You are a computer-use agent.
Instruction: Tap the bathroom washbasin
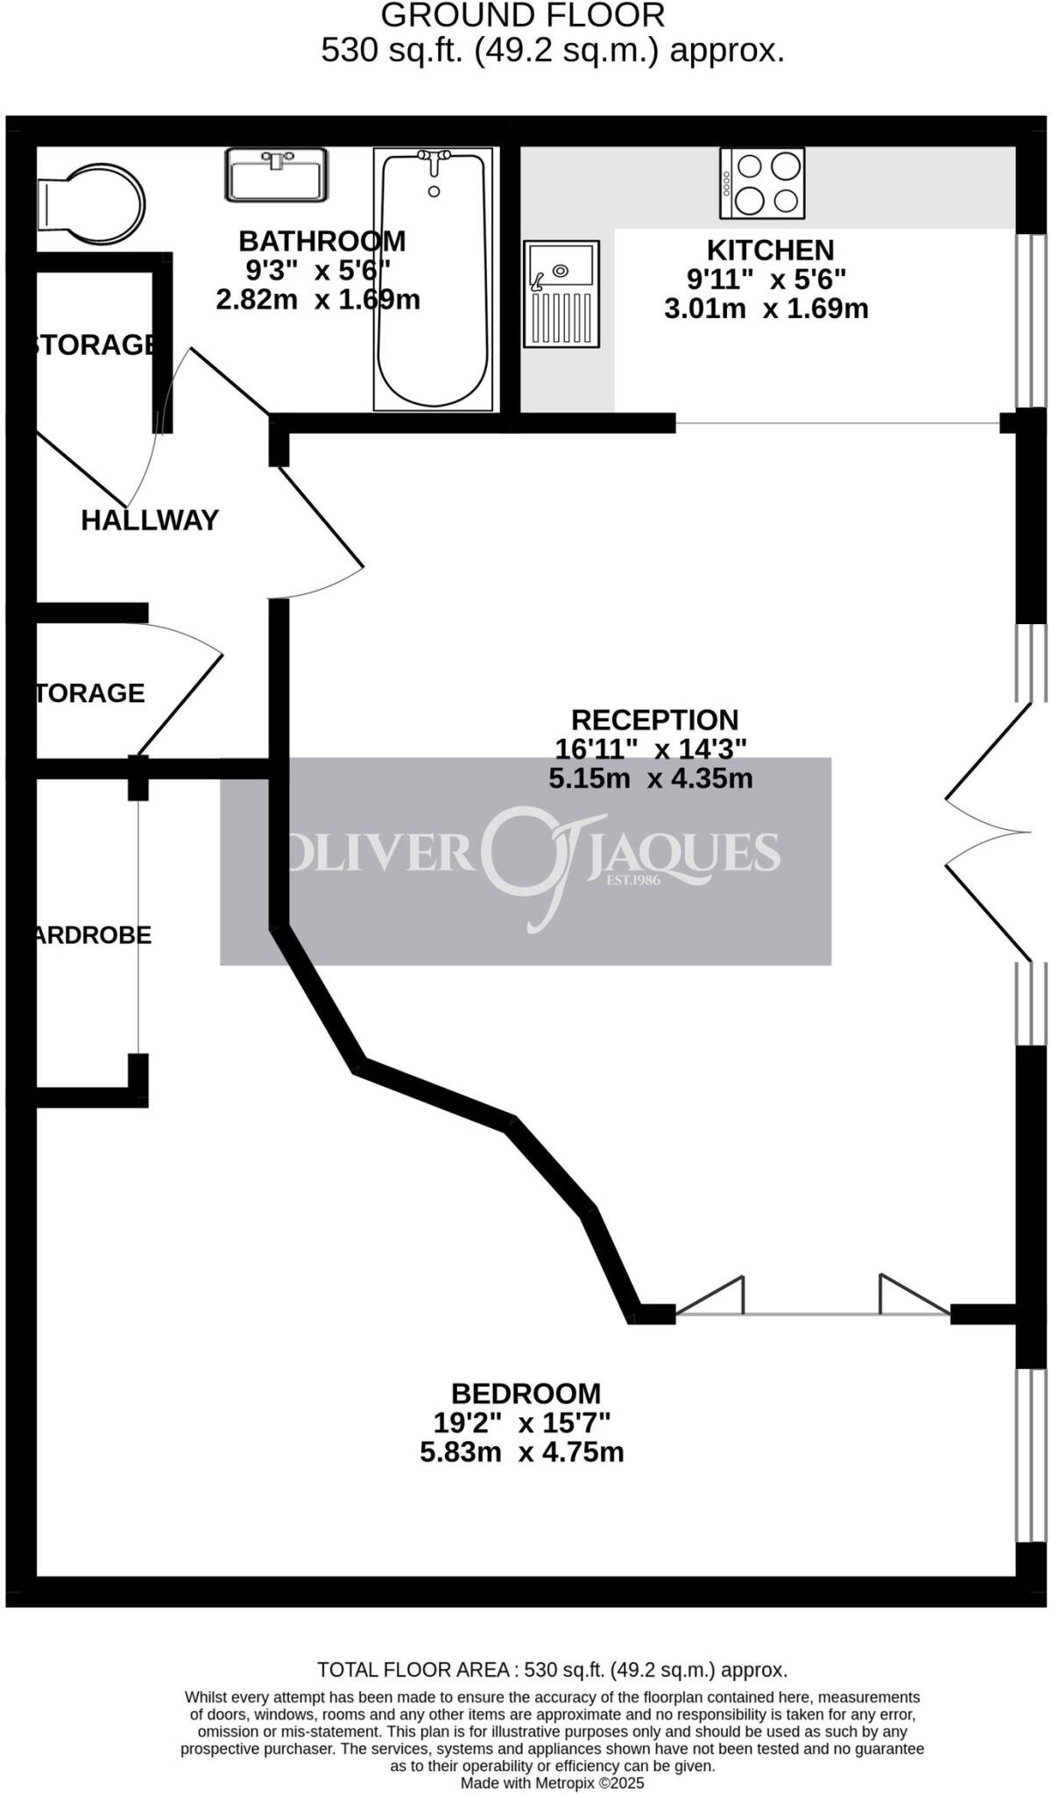(x=276, y=175)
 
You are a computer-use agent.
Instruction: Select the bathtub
(x=433, y=279)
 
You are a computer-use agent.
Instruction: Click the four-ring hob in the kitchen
(x=762, y=183)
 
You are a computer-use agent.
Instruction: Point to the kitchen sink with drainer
(x=561, y=293)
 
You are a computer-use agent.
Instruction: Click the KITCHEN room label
(x=770, y=251)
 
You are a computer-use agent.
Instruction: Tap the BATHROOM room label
(x=322, y=240)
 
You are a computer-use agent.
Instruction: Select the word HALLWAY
(x=150, y=521)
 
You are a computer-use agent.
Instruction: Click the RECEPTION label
(x=654, y=720)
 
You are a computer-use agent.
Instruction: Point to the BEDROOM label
(x=526, y=1393)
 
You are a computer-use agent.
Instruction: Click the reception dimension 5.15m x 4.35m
(x=651, y=777)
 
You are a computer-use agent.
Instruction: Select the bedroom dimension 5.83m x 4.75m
(x=522, y=1452)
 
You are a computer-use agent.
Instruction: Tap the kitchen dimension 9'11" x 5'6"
(x=766, y=280)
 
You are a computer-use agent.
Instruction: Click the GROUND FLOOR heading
(x=523, y=16)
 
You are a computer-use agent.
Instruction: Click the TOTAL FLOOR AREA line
(x=552, y=1670)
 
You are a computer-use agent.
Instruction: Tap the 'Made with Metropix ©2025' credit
(x=552, y=1783)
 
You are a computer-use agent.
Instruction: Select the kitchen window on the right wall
(x=1031, y=321)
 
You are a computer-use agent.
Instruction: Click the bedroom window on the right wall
(x=1031, y=1455)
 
